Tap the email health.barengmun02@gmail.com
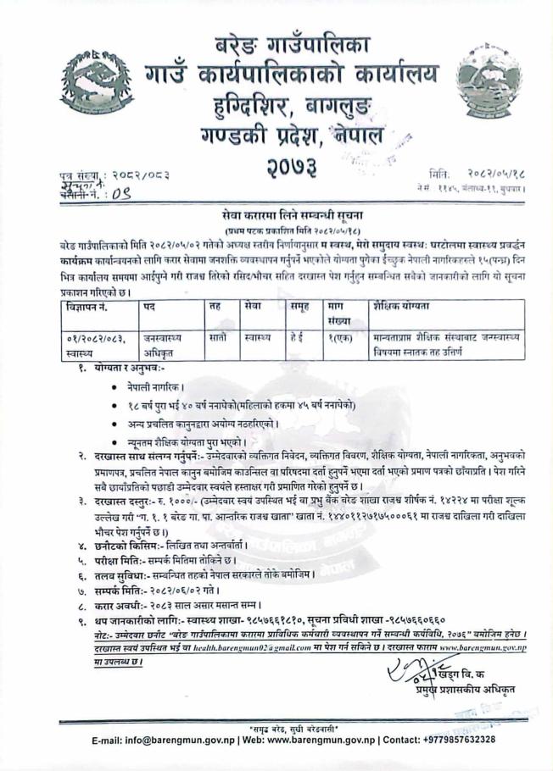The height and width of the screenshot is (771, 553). pyautogui.click(x=253, y=647)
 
